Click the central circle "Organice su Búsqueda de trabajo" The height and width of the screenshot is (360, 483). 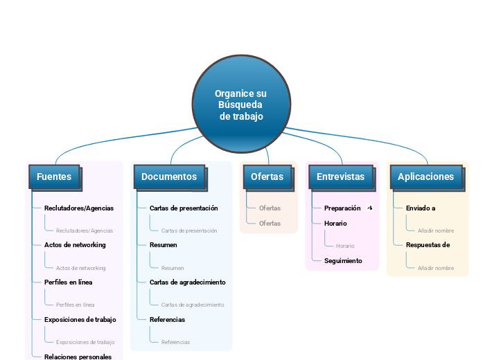coord(241,104)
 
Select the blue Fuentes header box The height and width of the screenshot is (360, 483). coord(54,177)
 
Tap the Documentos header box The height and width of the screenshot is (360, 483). coord(169,177)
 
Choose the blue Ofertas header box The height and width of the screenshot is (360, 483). coord(267,177)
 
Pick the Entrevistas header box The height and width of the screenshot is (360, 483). coord(340,177)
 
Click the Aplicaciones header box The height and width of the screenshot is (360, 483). coord(425,177)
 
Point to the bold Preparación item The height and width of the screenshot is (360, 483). coord(342,208)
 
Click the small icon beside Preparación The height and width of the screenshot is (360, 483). coord(370,208)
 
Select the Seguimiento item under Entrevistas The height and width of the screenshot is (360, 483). coord(343,261)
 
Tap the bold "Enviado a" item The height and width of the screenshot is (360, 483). coord(421,208)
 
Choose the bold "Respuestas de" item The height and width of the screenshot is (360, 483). coord(428,244)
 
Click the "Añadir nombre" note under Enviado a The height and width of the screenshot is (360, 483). coord(436,231)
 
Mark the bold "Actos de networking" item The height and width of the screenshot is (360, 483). coord(75,244)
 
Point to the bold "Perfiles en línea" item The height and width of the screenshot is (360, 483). coord(68,282)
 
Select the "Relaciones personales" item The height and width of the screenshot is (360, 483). coord(78,357)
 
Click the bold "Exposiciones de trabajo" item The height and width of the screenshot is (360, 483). coord(80,319)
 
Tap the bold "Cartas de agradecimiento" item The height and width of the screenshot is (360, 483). coord(187,282)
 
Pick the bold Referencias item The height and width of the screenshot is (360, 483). coord(167,319)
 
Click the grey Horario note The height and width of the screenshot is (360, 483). coord(345,246)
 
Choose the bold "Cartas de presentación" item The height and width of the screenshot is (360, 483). coord(184,208)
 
